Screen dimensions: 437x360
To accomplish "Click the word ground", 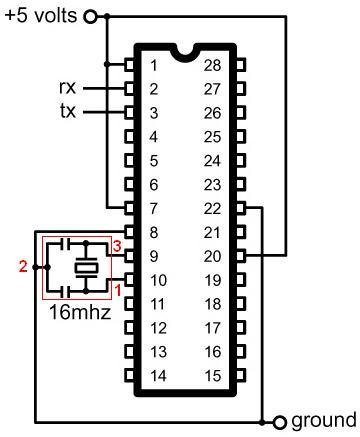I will click(323, 420).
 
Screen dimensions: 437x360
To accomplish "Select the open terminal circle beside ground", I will click(280, 420).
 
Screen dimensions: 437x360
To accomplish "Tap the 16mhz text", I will click(79, 311).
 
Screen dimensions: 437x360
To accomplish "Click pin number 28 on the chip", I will click(211, 65).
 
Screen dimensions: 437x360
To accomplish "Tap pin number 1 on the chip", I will click(153, 65).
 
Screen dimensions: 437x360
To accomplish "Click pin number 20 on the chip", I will click(211, 255).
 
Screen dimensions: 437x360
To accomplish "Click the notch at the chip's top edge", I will click(183, 49).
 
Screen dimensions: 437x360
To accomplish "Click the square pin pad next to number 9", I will click(129, 255).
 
